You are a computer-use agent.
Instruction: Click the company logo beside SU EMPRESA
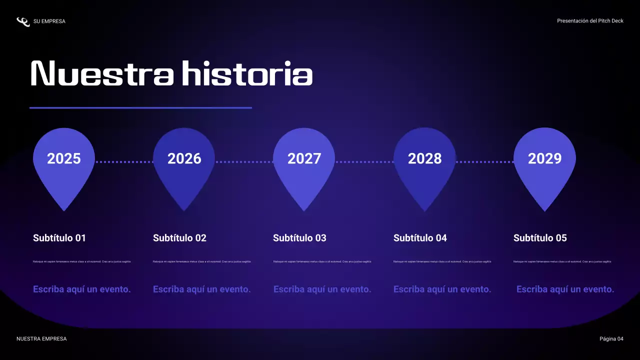(x=23, y=21)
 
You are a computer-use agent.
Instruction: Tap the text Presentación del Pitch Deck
(x=590, y=21)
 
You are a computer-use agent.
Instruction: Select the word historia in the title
(x=247, y=74)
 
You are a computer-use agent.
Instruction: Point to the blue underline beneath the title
(x=140, y=107)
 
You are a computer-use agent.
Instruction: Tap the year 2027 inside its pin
(x=304, y=158)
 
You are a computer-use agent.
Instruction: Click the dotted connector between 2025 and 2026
(x=124, y=162)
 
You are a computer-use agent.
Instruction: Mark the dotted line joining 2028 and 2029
(x=484, y=162)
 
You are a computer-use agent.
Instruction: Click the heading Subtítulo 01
(x=59, y=238)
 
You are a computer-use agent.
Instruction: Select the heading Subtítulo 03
(x=299, y=238)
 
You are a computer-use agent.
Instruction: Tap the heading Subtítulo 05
(x=540, y=238)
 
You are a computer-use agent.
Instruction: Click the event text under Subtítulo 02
(x=201, y=289)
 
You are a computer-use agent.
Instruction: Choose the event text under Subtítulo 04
(x=442, y=289)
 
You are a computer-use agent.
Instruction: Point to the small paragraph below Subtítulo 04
(x=442, y=261)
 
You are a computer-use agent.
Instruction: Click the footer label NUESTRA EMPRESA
(x=41, y=339)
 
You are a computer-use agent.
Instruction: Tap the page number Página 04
(x=611, y=339)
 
